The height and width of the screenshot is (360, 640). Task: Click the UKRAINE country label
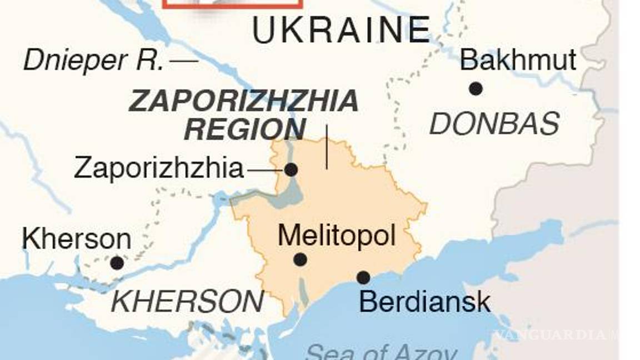tap(341, 30)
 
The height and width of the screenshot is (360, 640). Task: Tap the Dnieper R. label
tap(93, 61)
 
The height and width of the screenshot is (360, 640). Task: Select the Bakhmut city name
tap(518, 60)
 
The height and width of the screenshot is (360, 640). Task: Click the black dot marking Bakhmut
tap(475, 88)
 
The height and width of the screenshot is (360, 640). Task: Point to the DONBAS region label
tap(494, 124)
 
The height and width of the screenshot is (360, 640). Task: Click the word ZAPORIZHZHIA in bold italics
tap(243, 102)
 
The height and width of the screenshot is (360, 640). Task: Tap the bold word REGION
tap(244, 129)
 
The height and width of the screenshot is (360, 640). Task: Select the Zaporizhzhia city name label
tap(159, 168)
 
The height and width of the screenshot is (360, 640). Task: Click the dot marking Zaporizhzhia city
tap(291, 169)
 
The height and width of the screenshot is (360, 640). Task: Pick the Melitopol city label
tap(337, 236)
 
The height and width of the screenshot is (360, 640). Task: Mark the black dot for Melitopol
tap(300, 259)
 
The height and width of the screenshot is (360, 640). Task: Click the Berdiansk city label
tap(424, 302)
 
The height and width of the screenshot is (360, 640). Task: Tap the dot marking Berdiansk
tap(363, 277)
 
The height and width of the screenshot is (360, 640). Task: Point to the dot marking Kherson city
tap(117, 263)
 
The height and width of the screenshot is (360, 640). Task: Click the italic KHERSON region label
tap(187, 302)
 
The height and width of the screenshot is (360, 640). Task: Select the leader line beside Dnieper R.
tap(184, 61)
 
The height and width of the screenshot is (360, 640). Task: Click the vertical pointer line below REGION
tap(327, 147)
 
